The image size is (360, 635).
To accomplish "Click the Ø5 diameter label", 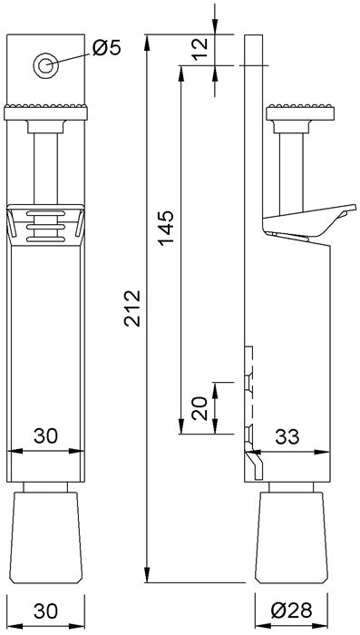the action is (107, 48).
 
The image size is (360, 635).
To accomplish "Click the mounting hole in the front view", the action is (45, 65).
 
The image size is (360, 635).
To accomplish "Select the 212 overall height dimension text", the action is (132, 308).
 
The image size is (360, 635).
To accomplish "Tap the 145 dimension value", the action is (166, 228).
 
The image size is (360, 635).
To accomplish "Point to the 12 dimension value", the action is (199, 49).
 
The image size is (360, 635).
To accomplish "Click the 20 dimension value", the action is (199, 408).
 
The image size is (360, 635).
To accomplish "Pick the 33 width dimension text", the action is (287, 436).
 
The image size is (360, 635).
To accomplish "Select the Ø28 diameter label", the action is (291, 611).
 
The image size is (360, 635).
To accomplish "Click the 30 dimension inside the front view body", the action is (45, 435).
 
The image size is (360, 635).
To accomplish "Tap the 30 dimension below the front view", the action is (45, 611).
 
